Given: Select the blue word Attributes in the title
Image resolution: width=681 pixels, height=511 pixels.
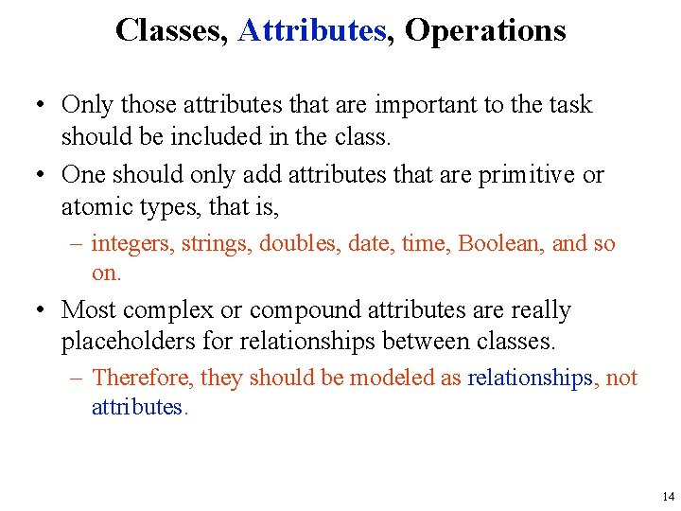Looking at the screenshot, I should pos(312,31).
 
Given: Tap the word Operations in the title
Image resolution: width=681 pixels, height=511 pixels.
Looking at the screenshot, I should pos(485,31).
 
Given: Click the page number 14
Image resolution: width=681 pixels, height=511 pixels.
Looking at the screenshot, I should pos(669,496).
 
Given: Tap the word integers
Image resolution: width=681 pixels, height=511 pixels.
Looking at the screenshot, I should pos(131,244).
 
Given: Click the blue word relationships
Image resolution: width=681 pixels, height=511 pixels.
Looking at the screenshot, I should pos(530,379).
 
